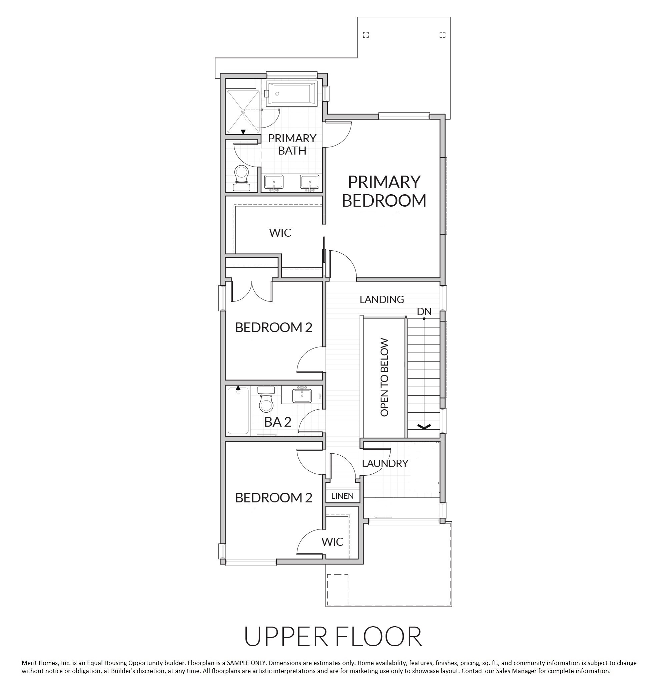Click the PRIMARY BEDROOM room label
[384, 191]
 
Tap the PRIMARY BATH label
[292, 145]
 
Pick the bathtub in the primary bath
[291, 93]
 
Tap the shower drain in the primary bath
[242, 111]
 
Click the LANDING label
[382, 299]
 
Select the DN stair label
[424, 311]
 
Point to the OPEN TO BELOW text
[384, 377]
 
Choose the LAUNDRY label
[385, 463]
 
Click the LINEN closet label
[342, 496]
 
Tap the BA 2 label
[277, 422]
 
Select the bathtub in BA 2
[238, 410]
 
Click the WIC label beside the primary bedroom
[280, 232]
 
